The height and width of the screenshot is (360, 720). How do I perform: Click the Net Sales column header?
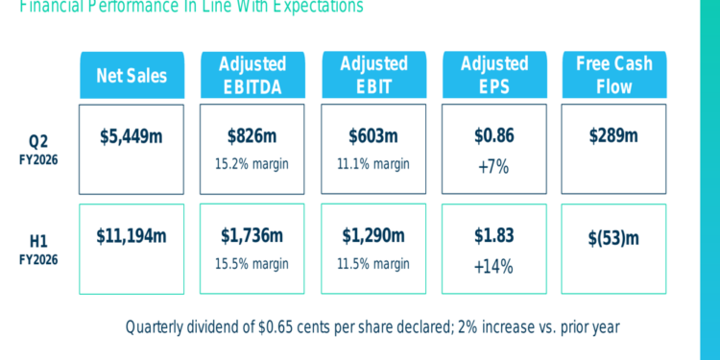click(132, 75)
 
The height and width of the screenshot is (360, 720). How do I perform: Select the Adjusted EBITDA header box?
click(252, 75)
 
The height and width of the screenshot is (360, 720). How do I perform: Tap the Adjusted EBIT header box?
click(373, 75)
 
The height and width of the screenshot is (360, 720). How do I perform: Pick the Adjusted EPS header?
click(494, 75)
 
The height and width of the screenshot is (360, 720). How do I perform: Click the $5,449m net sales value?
click(132, 135)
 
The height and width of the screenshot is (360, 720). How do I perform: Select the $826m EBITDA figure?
click(252, 135)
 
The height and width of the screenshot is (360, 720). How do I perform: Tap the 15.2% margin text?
click(252, 163)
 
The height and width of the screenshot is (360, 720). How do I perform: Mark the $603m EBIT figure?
click(373, 135)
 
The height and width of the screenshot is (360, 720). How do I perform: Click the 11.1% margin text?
click(373, 163)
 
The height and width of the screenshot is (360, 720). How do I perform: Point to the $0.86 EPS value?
click(494, 135)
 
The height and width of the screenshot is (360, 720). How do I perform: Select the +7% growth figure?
click(494, 167)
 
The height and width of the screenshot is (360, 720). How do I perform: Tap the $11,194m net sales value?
click(132, 235)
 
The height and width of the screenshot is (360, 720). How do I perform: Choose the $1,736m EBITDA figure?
click(252, 235)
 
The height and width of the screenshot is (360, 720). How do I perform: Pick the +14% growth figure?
click(494, 266)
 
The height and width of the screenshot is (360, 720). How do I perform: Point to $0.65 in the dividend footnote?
click(277, 327)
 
